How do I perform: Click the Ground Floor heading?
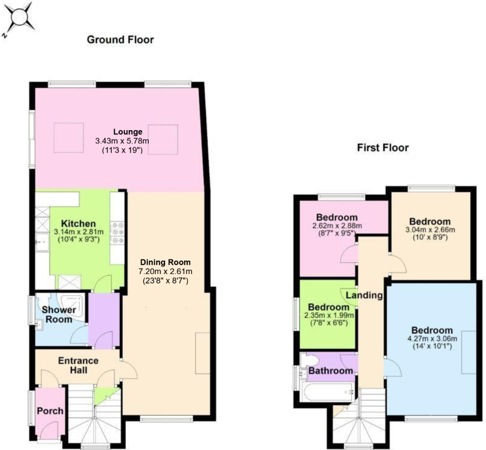tap(120, 40)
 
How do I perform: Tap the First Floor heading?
tap(383, 148)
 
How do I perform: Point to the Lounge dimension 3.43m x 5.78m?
tap(122, 141)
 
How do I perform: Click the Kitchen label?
tap(78, 224)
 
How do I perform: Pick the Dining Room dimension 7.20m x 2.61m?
tap(166, 272)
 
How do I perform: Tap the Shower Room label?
tap(59, 314)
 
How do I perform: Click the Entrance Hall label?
tap(78, 365)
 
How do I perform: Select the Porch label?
tap(50, 411)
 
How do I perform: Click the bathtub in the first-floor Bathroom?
tap(328, 392)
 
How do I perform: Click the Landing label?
tap(364, 295)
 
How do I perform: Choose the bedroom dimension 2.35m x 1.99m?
tap(329, 315)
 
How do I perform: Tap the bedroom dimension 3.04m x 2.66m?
tap(430, 230)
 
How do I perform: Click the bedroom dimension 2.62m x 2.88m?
tap(337, 226)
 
